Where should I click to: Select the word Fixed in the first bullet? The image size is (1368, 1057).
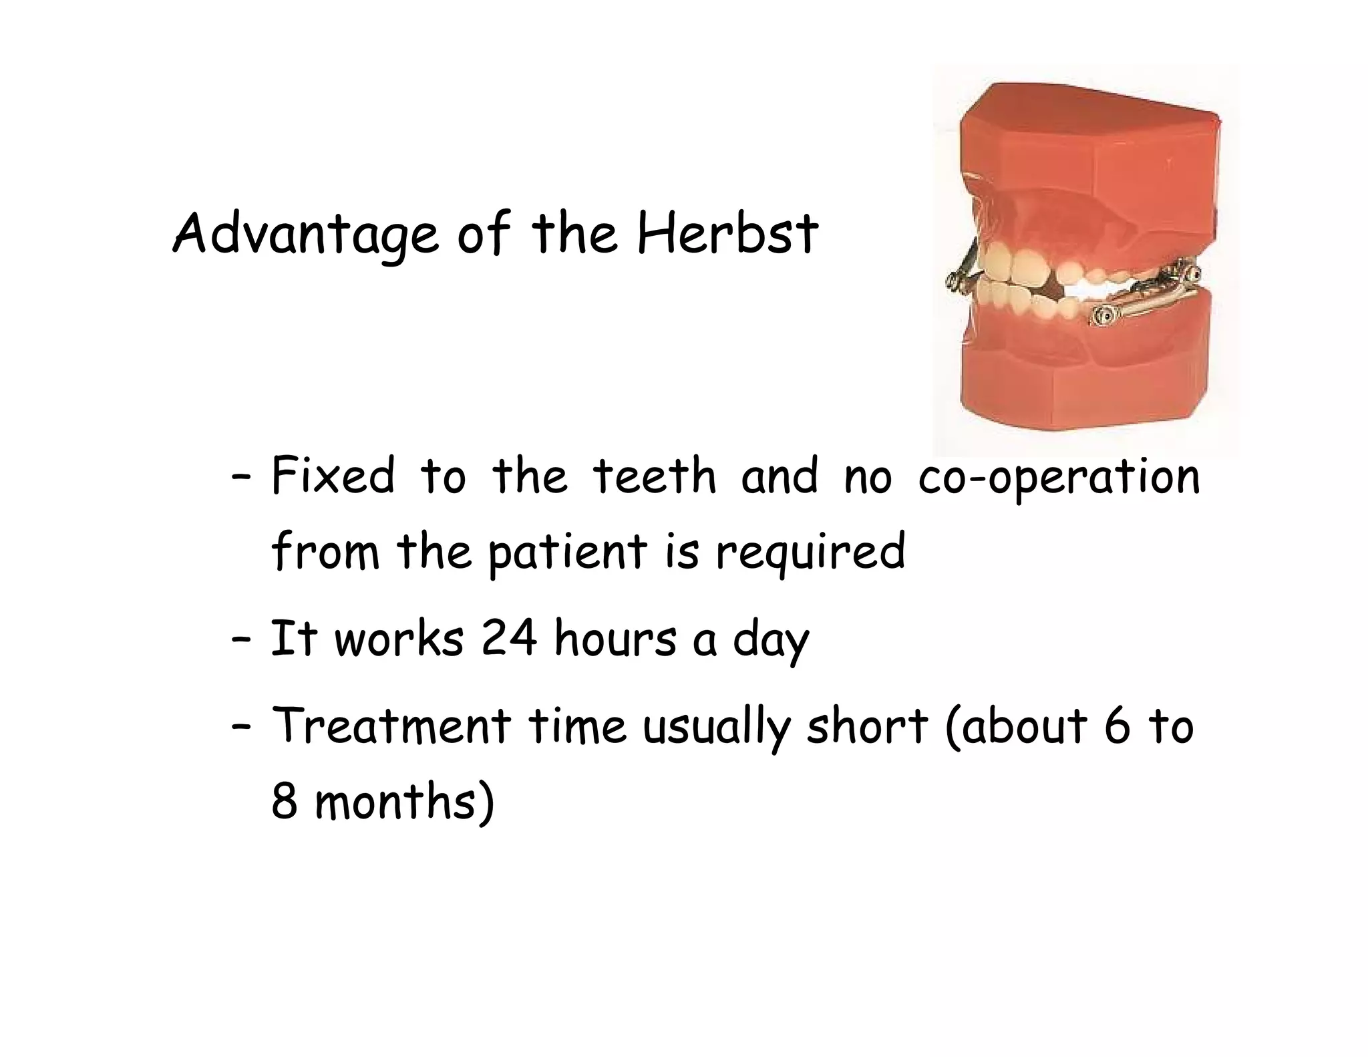pyautogui.click(x=333, y=476)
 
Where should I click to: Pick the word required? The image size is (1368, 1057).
pyautogui.click(x=810, y=553)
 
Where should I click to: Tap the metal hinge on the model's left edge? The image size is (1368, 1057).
pyautogui.click(x=960, y=275)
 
